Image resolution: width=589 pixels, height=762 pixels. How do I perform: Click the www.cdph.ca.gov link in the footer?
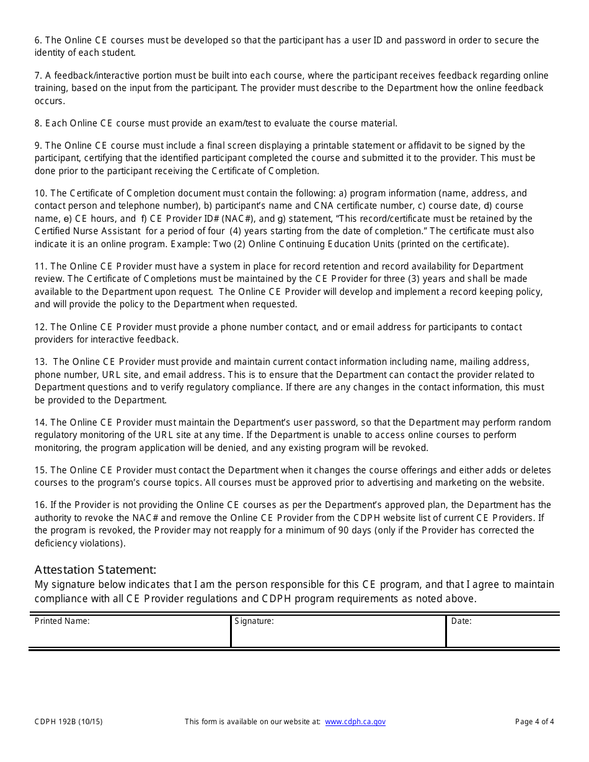coord(355,722)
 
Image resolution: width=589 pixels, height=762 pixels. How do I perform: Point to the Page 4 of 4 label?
coord(534,722)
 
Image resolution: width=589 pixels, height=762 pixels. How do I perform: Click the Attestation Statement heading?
coord(95,569)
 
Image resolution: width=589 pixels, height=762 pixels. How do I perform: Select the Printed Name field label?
coord(62,621)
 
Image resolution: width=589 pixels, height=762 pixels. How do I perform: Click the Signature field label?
coord(254,621)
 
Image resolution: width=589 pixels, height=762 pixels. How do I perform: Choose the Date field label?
coord(461,621)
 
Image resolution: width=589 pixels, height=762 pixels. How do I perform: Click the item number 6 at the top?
coord(38,40)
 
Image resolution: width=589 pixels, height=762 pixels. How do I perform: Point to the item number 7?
coord(38,76)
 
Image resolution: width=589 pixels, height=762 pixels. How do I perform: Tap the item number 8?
coord(38,123)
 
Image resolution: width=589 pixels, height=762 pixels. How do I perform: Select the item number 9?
coord(38,146)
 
